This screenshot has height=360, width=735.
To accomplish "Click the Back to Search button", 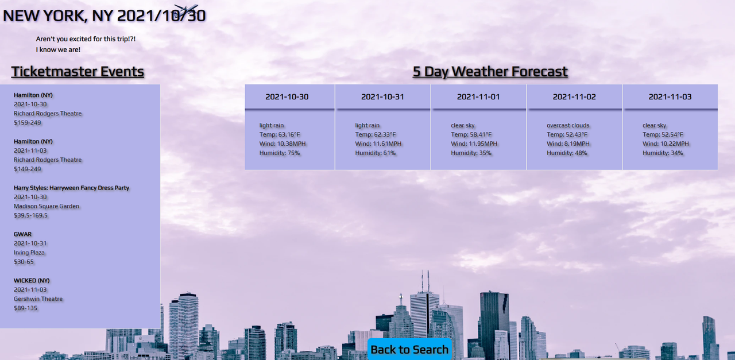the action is pyautogui.click(x=409, y=350).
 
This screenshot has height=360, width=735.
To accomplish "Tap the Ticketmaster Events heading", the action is pyautogui.click(x=78, y=72).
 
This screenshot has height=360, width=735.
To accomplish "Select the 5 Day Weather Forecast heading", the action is pyautogui.click(x=490, y=72).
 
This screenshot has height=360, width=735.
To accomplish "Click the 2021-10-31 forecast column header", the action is pyautogui.click(x=382, y=97).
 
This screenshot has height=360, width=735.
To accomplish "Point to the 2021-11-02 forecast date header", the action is pyautogui.click(x=574, y=97).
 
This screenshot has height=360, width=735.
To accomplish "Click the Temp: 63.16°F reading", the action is pyautogui.click(x=280, y=134).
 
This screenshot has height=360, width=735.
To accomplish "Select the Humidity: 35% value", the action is pyautogui.click(x=471, y=153).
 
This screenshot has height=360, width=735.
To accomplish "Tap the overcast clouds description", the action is pyautogui.click(x=568, y=125).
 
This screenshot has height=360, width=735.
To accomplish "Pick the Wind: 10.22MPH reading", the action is pyautogui.click(x=666, y=144).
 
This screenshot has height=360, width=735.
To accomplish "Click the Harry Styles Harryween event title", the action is pyautogui.click(x=72, y=188).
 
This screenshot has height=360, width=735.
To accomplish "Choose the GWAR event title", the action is pyautogui.click(x=22, y=234).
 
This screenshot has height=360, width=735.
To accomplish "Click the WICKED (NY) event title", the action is pyautogui.click(x=32, y=281).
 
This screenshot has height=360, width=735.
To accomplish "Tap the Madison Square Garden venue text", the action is pyautogui.click(x=47, y=206).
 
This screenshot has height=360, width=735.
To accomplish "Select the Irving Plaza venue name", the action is pyautogui.click(x=29, y=253).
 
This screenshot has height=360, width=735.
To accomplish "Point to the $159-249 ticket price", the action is pyautogui.click(x=28, y=123).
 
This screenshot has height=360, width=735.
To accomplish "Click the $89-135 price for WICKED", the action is pyautogui.click(x=26, y=308).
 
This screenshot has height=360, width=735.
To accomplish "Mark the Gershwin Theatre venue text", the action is pyautogui.click(x=38, y=299).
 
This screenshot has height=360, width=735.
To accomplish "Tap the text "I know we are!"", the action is pyautogui.click(x=58, y=49).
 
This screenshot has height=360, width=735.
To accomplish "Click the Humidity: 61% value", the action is pyautogui.click(x=376, y=153).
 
